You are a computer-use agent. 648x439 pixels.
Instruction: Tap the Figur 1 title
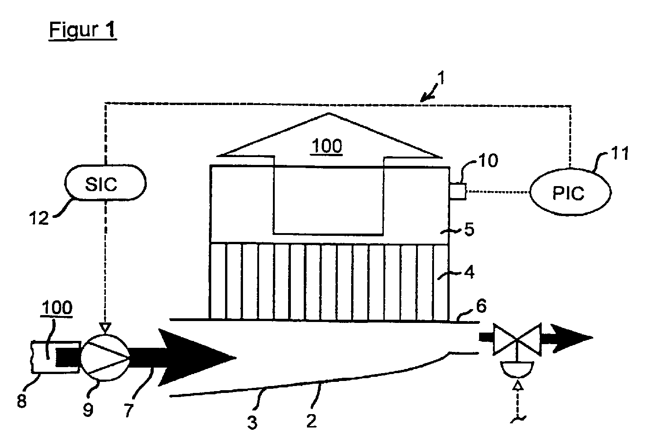click(x=83, y=30)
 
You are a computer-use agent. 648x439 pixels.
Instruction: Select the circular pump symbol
click(x=105, y=357)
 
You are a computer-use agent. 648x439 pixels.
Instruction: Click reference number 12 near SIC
click(x=39, y=217)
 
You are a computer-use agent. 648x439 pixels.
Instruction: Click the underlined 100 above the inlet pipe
click(x=60, y=308)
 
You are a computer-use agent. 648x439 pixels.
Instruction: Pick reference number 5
click(x=469, y=229)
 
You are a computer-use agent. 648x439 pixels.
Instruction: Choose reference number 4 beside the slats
click(x=469, y=272)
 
